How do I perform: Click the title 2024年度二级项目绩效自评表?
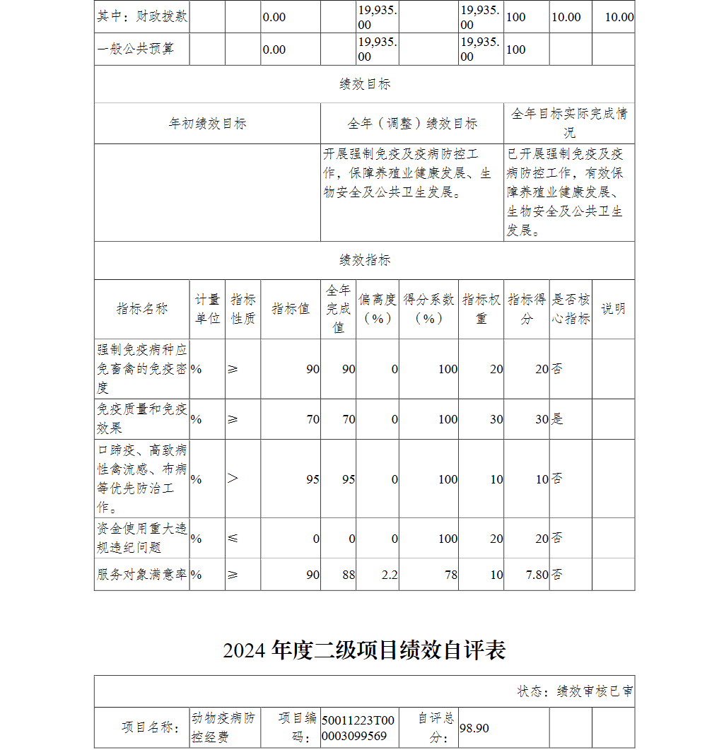pyautogui.click(x=364, y=650)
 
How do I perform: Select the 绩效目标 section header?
pyautogui.click(x=364, y=84)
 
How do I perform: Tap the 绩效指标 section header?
pyautogui.click(x=364, y=260)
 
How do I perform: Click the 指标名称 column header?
pyautogui.click(x=142, y=309)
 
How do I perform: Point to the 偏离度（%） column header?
pyautogui.click(x=378, y=309)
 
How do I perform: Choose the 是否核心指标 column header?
pyautogui.click(x=571, y=309)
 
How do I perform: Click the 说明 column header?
pyautogui.click(x=613, y=309)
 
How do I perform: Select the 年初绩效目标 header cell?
pyautogui.click(x=207, y=124)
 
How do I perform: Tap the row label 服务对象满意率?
pyautogui.click(x=142, y=575)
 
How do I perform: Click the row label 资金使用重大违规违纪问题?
pyautogui.click(x=142, y=538)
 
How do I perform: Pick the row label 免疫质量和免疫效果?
pyautogui.click(x=142, y=418)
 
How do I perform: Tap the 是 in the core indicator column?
pyautogui.click(x=557, y=419)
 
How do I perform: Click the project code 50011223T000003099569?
pyautogui.click(x=358, y=728)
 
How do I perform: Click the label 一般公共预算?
pyautogui.click(x=135, y=49)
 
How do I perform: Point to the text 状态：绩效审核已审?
pyautogui.click(x=575, y=691)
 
